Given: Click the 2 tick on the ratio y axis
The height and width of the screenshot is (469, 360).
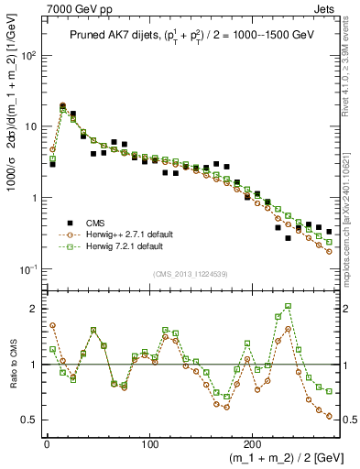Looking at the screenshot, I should point(35,309).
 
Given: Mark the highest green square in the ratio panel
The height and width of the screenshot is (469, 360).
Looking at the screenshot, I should point(289,307).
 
